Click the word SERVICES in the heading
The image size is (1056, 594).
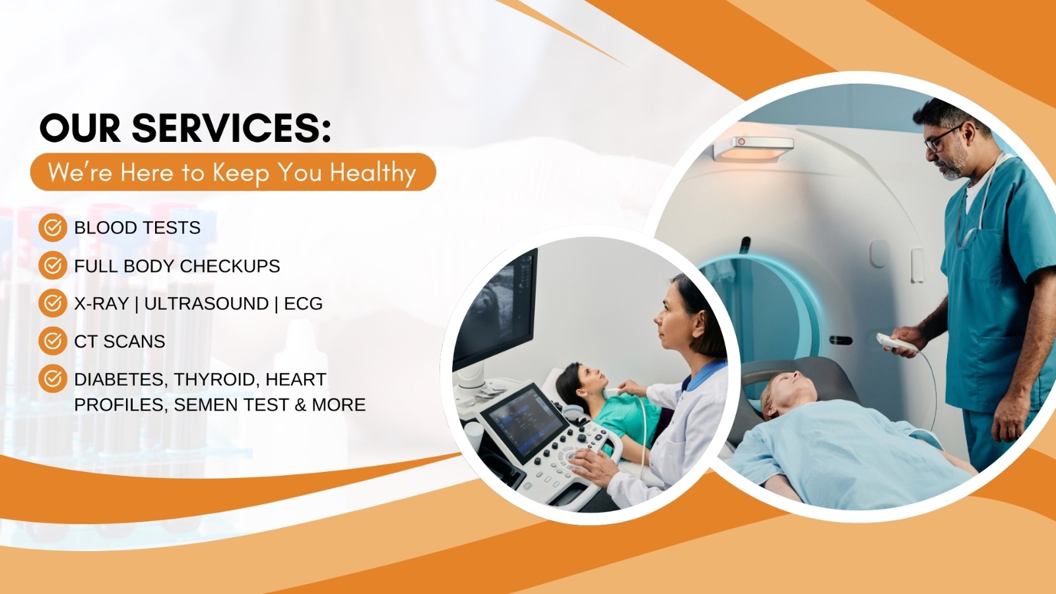click(231, 128)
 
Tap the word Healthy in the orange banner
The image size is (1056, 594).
click(373, 173)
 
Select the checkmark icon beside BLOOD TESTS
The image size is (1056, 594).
click(53, 228)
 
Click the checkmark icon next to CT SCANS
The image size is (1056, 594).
click(53, 341)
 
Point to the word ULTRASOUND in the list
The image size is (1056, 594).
click(206, 304)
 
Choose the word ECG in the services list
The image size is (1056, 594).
click(303, 304)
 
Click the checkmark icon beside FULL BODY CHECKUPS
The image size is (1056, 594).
click(53, 265)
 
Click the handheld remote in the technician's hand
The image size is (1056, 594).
click(895, 342)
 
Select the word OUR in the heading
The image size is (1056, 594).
click(80, 128)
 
